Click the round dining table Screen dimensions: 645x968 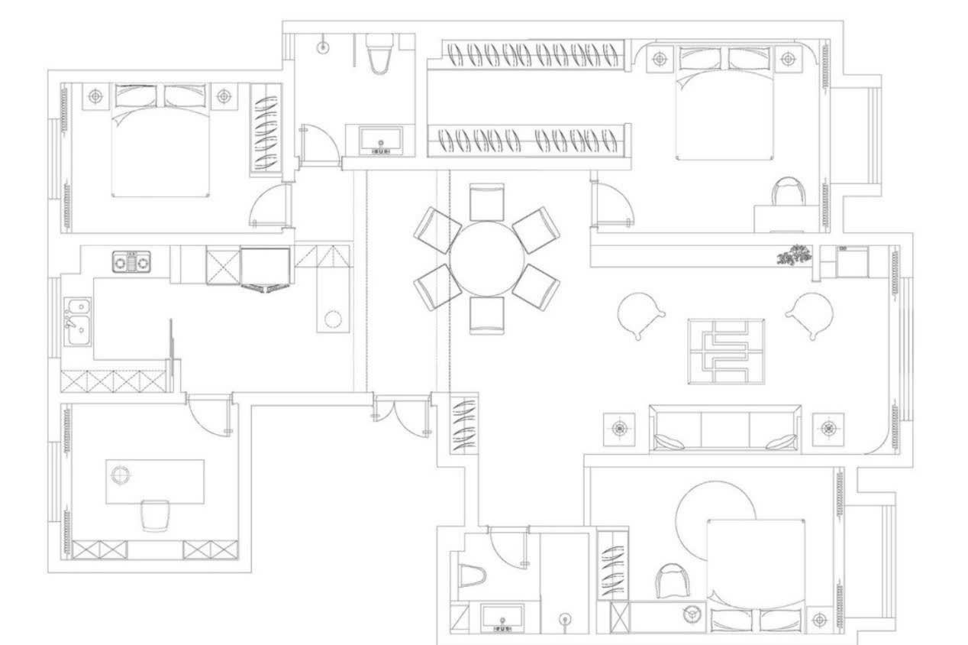coord(486,258)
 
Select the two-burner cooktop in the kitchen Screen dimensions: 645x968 coord(134,262)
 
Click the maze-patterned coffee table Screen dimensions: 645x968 coord(727,351)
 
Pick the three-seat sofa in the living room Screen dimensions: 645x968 coord(724,428)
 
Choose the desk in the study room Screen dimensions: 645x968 coord(155,481)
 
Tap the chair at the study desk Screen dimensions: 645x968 coord(155,514)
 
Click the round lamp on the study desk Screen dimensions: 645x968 coord(120,475)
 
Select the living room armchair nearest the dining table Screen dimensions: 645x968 coord(640,313)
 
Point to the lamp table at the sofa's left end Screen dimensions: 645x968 coord(619,429)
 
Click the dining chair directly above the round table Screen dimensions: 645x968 coord(487,203)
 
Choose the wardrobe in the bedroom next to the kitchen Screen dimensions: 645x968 coord(266,128)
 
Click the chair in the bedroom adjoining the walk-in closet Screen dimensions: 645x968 coord(789,192)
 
